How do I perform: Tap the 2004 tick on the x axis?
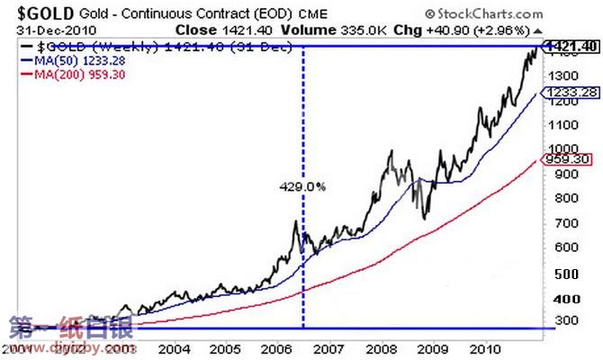pyautogui.click(x=175, y=347)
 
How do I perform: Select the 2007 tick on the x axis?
pyautogui.click(x=328, y=347)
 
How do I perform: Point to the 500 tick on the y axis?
pyautogui.click(x=565, y=274)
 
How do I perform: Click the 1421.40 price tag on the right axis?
pyautogui.click(x=571, y=44)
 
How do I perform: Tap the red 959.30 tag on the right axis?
pyautogui.click(x=571, y=159)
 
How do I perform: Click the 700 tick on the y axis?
pyautogui.click(x=565, y=222)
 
